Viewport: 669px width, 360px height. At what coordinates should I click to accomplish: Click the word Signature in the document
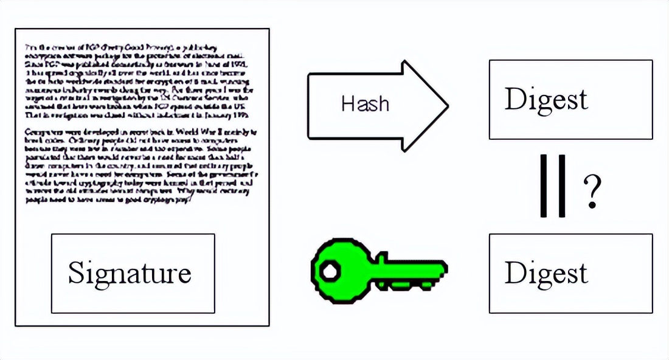pyautogui.click(x=130, y=273)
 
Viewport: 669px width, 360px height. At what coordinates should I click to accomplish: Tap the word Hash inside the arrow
pyautogui.click(x=364, y=103)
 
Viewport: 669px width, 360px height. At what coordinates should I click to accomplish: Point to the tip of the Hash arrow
pyautogui.click(x=448, y=106)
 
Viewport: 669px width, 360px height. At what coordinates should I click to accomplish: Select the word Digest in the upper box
pyautogui.click(x=546, y=99)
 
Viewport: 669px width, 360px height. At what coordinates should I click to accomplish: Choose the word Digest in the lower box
pyautogui.click(x=546, y=273)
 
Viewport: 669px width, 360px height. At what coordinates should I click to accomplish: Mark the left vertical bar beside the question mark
pyautogui.click(x=545, y=186)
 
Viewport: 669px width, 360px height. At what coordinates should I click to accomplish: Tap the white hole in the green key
pyautogui.click(x=330, y=270)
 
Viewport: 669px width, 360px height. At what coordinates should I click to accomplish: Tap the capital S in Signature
pyautogui.click(x=75, y=272)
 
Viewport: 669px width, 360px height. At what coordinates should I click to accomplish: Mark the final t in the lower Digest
pyautogui.click(x=584, y=274)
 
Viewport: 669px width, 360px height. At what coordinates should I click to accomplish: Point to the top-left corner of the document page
pyautogui.click(x=15, y=28)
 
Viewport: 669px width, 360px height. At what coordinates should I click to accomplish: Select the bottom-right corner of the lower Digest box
pyautogui.click(x=652, y=313)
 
